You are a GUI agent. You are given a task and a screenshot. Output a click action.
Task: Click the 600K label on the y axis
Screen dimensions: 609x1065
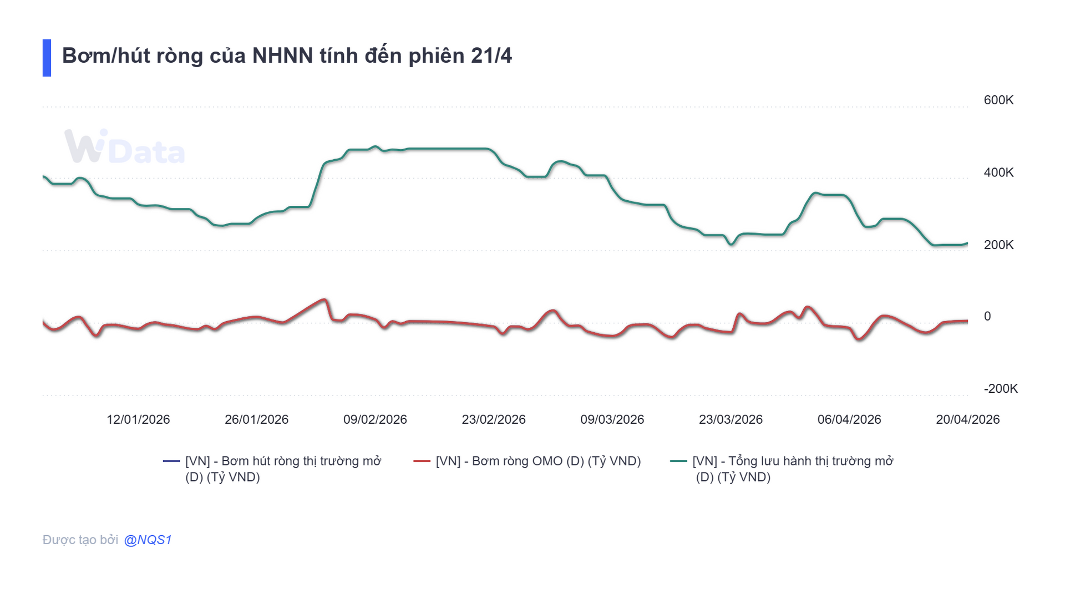[x=998, y=100]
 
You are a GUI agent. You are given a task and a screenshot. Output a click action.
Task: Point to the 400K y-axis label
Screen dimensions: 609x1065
[x=998, y=172]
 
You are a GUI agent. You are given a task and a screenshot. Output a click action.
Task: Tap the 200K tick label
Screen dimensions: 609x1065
[x=998, y=245]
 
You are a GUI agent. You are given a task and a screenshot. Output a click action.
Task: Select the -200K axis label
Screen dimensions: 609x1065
[x=1000, y=389]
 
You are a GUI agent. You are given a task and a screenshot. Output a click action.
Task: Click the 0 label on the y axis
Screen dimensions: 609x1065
[x=987, y=316]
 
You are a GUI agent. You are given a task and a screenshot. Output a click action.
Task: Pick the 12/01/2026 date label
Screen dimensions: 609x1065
[x=138, y=419]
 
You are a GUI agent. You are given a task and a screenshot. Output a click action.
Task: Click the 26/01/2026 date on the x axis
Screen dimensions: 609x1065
[x=256, y=419]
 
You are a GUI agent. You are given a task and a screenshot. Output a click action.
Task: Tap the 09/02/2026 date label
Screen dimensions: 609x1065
[x=375, y=419]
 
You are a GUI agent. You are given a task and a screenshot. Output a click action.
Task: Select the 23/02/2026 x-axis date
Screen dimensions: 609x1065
[x=494, y=419]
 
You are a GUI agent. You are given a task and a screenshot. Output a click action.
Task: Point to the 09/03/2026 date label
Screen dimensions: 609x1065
[x=612, y=419]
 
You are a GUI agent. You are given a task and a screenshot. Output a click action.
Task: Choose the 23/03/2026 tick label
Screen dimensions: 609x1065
[x=731, y=419]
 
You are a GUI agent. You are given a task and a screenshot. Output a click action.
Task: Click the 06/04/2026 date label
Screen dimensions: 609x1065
[x=849, y=419]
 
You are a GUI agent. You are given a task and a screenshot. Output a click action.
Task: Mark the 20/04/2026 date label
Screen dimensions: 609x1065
[x=967, y=419]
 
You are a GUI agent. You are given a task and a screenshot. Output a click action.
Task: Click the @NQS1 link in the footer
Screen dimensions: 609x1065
[x=148, y=540]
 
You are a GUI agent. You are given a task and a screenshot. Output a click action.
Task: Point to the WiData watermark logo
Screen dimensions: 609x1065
[x=124, y=148]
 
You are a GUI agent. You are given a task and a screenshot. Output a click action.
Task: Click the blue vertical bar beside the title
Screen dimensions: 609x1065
[x=47, y=58]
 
